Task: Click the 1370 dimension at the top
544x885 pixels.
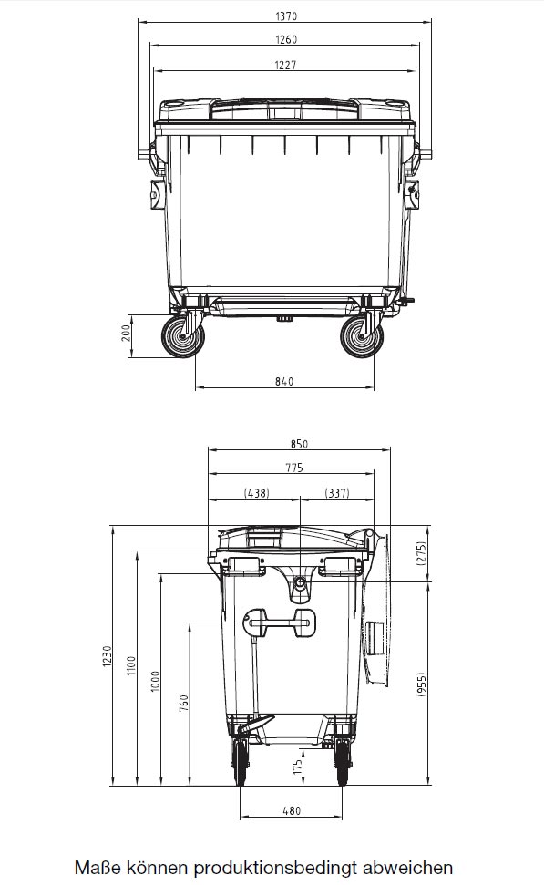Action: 284,15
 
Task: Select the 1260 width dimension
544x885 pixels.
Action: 284,39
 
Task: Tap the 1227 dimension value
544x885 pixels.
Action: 284,64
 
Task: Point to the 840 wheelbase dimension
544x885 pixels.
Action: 284,381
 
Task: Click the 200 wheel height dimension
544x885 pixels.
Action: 127,335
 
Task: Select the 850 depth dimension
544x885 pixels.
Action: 300,444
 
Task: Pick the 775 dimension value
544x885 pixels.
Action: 293,468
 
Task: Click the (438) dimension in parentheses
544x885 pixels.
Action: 255,492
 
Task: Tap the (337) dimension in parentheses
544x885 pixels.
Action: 337,492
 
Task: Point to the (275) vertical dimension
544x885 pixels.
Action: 422,554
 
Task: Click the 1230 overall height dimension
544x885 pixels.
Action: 107,654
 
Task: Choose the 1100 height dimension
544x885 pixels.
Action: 130,666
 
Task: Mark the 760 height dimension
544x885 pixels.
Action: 182,702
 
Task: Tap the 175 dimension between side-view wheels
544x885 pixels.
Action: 296,766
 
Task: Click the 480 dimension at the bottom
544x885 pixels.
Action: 292,810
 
